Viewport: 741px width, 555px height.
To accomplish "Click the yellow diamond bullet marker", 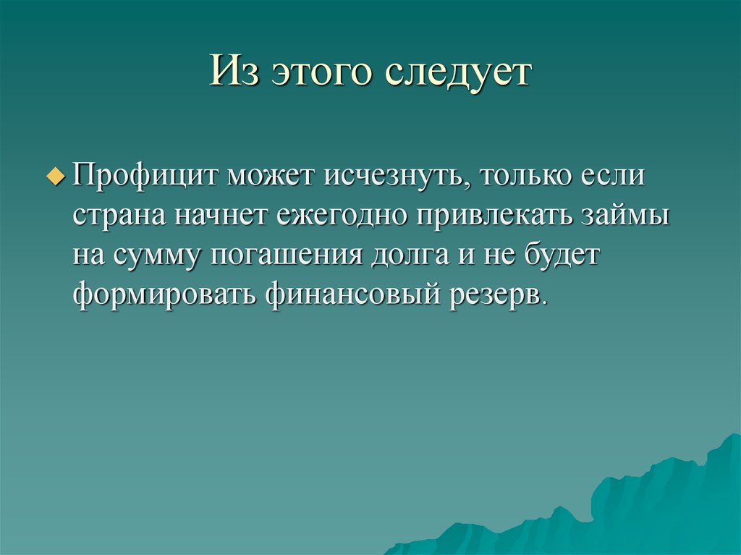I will pos(60,177).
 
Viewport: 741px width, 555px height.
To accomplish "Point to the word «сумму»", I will pos(160,258).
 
